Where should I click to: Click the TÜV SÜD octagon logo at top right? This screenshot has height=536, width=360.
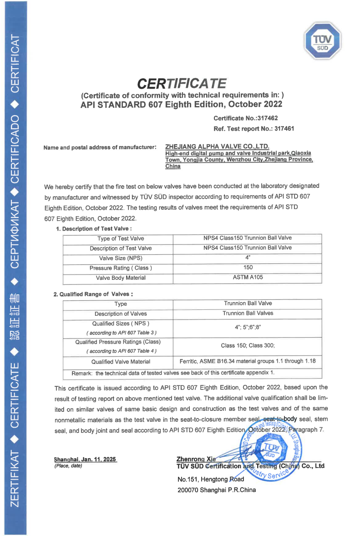(x=323, y=42)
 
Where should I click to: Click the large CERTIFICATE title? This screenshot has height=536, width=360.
(x=182, y=84)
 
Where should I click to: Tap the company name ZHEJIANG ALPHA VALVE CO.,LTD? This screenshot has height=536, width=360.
(x=218, y=147)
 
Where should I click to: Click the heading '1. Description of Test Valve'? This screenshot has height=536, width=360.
(x=94, y=228)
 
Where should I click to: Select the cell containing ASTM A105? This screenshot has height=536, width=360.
(x=248, y=277)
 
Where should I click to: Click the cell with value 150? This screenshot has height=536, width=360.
(x=248, y=268)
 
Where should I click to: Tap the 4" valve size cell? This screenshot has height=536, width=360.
(x=248, y=257)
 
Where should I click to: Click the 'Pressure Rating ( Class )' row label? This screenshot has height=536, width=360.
(x=121, y=268)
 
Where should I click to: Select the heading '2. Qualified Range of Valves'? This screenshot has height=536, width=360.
(x=93, y=294)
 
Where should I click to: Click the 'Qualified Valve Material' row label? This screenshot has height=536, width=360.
(x=121, y=362)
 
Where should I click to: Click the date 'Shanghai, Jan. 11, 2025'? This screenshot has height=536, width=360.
(x=85, y=460)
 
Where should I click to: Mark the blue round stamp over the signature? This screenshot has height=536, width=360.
(x=271, y=450)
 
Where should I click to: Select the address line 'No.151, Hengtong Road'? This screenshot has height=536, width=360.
(x=211, y=479)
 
